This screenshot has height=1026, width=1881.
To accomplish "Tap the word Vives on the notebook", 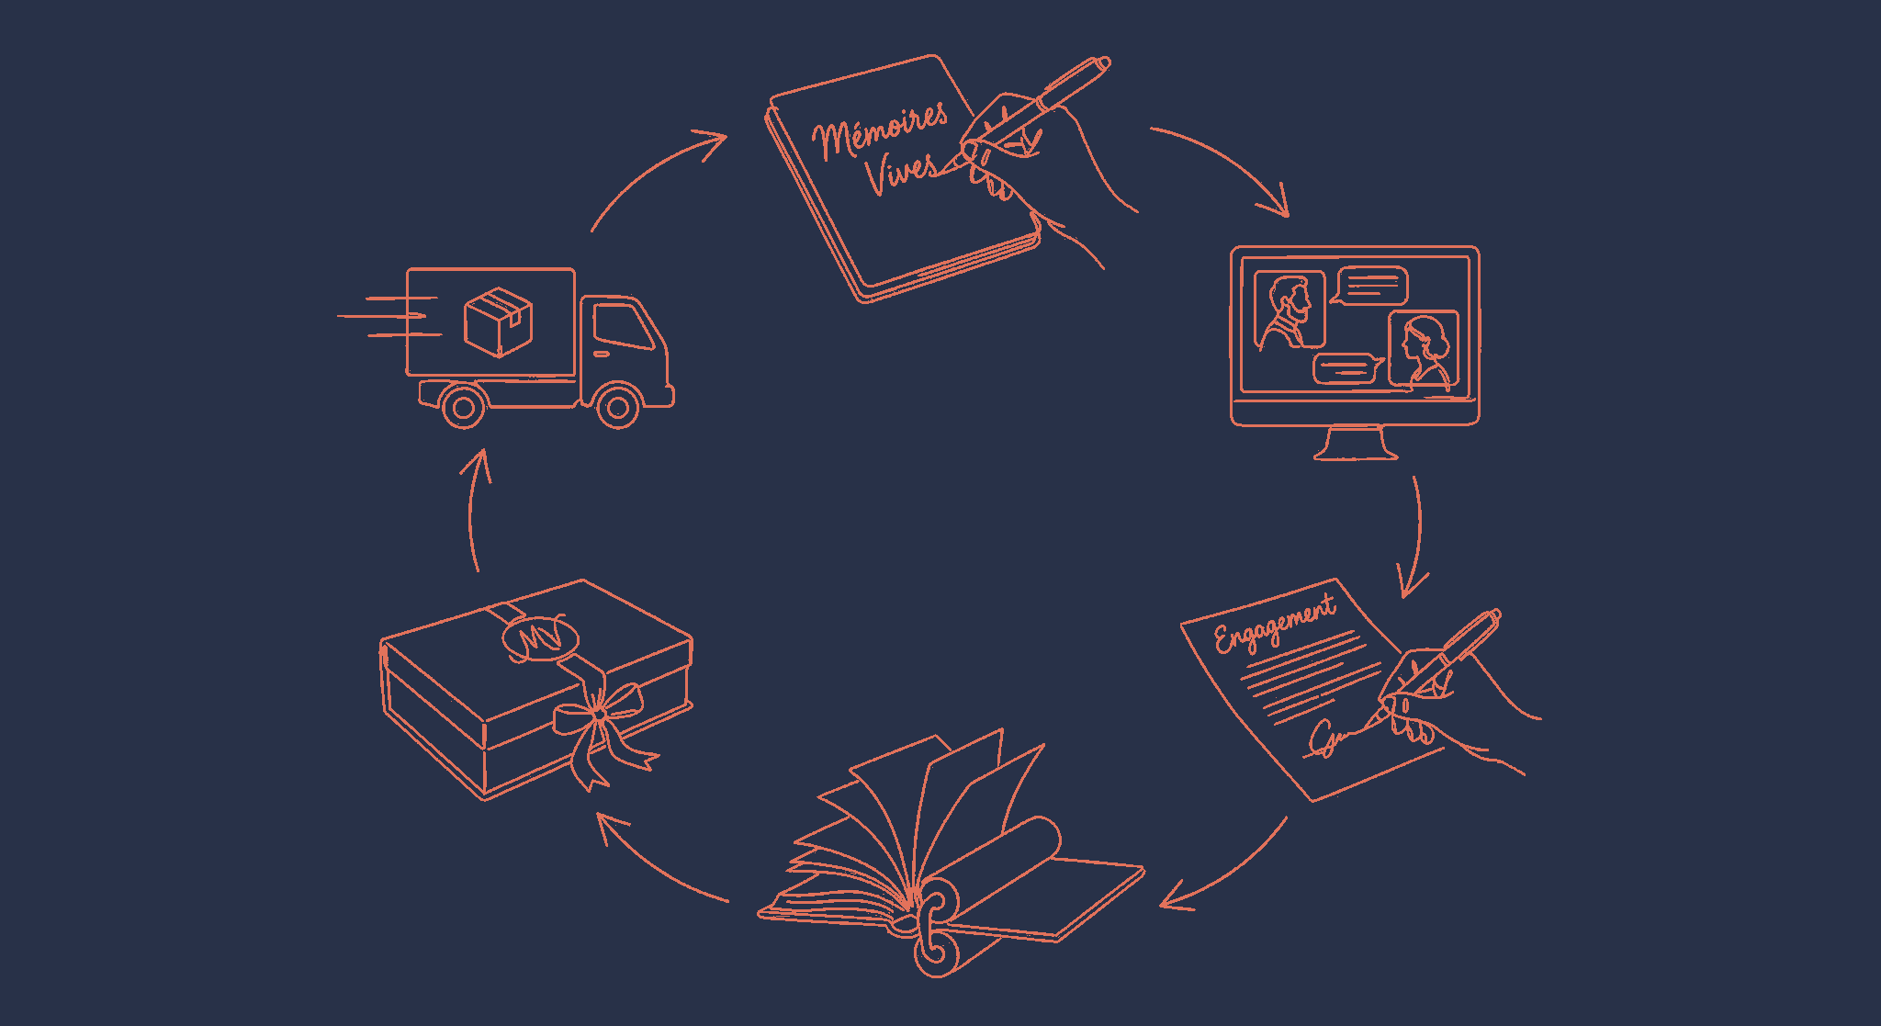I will click(901, 172).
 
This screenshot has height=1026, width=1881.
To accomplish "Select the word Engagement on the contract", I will click(1275, 625).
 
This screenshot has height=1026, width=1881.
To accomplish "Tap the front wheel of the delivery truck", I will click(618, 407).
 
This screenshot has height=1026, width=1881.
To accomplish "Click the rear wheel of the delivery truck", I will click(463, 407).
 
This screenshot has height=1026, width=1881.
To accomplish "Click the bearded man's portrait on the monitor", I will click(1290, 310).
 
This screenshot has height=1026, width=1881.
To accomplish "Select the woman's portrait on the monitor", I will click(1424, 350).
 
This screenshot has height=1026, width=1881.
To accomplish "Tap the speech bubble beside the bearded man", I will click(1372, 286).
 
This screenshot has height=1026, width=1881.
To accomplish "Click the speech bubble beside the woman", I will click(1346, 369).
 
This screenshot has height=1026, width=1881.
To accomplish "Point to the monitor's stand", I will click(1356, 443).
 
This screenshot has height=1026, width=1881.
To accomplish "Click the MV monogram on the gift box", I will click(540, 637).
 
